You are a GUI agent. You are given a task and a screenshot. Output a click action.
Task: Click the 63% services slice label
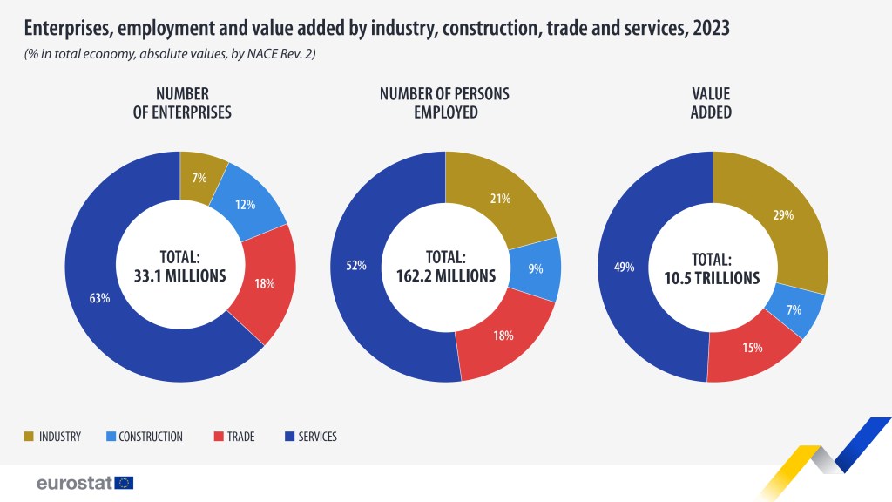99,299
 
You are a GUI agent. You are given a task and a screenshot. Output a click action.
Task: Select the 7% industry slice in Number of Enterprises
199,178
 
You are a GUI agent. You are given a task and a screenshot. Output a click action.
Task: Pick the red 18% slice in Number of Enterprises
266,283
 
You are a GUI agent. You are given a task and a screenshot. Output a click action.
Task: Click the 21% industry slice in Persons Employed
499,199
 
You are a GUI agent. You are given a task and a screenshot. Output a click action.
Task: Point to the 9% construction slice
534,269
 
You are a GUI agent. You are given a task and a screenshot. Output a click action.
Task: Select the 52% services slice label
356,266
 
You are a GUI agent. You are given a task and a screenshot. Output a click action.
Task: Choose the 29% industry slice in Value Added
782,214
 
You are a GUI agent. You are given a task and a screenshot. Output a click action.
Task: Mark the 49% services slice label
624,268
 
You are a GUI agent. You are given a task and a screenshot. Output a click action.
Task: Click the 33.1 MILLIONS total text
179,276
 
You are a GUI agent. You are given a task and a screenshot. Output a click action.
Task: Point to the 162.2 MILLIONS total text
445,276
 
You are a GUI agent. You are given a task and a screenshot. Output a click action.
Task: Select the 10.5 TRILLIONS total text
712,278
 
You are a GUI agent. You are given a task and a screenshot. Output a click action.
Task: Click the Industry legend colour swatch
29,436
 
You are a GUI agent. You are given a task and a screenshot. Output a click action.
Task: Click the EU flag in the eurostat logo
124,482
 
